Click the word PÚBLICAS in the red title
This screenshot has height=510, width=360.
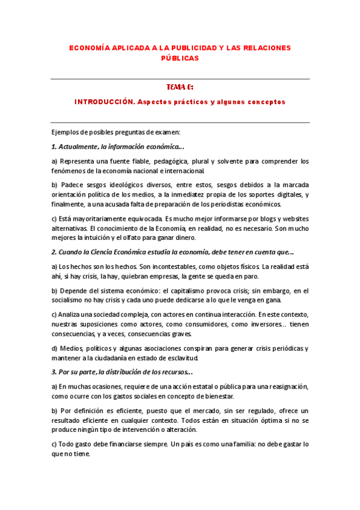click(x=180, y=58)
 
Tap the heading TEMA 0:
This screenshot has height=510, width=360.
click(x=180, y=87)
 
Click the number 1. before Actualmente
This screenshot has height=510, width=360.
click(x=53, y=147)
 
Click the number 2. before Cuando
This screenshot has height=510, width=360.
click(x=53, y=253)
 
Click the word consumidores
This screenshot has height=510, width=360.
click(x=172, y=325)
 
